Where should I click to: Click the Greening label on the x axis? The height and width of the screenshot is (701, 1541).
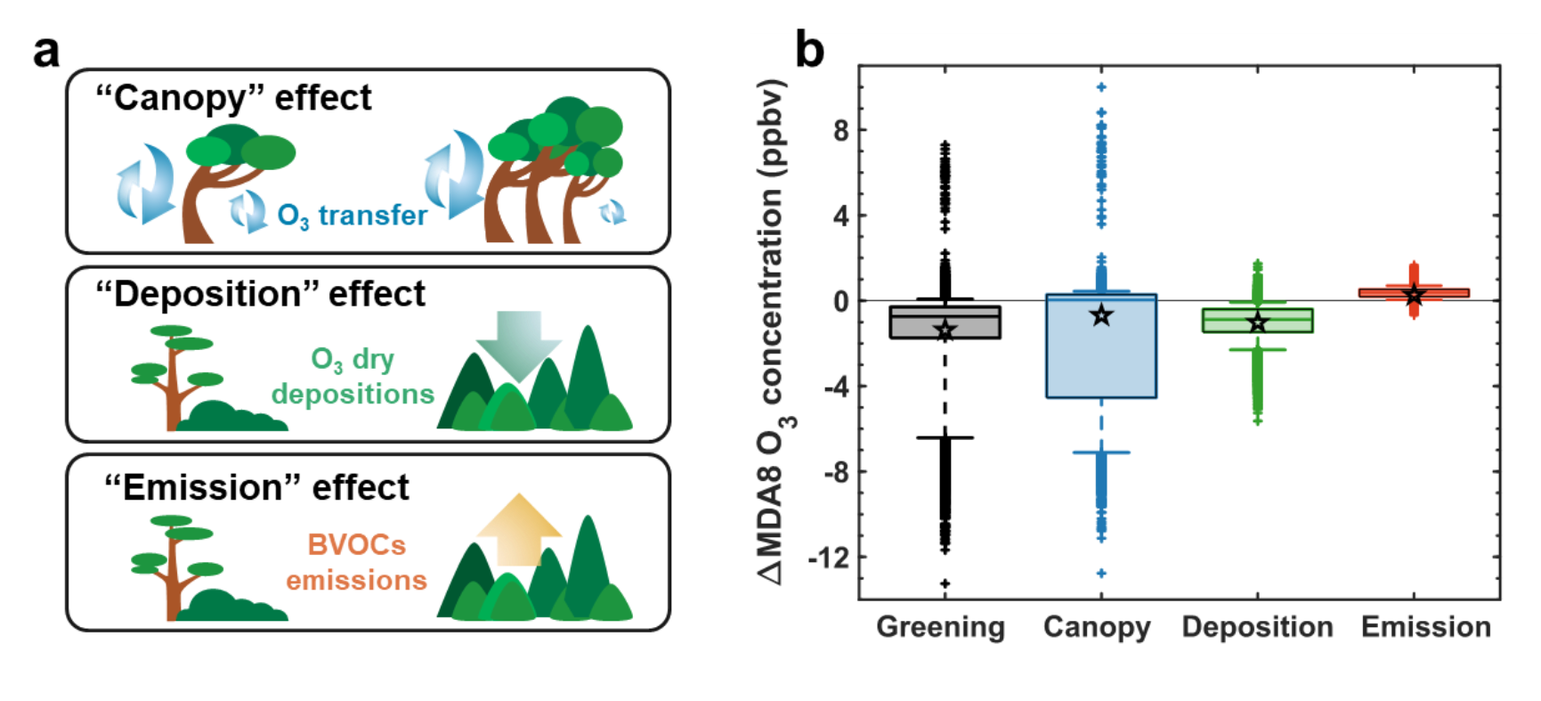(x=940, y=628)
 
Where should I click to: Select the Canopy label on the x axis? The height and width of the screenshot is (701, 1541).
(x=1097, y=628)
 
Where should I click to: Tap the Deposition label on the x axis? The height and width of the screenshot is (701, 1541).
(x=1257, y=628)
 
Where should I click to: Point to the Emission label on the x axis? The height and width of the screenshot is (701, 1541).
(x=1425, y=628)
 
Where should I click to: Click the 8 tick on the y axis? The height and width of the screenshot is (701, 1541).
(x=840, y=130)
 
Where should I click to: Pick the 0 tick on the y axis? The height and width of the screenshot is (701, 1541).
(x=840, y=301)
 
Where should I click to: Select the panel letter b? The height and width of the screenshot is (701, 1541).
(x=810, y=51)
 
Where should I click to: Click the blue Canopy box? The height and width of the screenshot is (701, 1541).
(x=1101, y=356)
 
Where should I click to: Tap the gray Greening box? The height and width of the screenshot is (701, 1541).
(x=945, y=322)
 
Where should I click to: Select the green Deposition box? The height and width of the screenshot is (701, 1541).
(x=1257, y=321)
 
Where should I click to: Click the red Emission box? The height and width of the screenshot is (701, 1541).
(x=1414, y=292)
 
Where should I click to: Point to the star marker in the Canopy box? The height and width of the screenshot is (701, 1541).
(x=1101, y=315)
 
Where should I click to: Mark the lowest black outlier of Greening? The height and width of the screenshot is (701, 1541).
(x=945, y=583)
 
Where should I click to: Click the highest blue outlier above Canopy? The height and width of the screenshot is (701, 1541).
(x=1101, y=87)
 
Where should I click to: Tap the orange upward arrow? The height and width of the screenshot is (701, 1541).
(x=518, y=529)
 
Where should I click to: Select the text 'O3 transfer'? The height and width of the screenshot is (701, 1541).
(x=353, y=215)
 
